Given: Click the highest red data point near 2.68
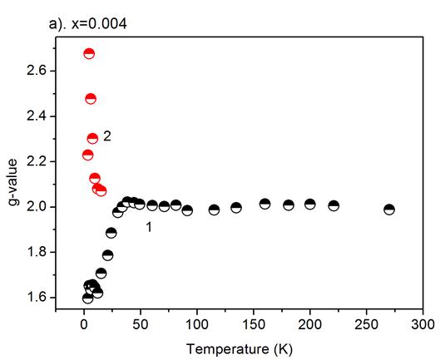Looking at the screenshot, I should coord(89,53).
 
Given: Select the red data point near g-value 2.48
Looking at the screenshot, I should coord(91,98).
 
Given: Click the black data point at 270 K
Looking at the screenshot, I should coord(388,210).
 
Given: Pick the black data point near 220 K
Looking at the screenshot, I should coord(334,205).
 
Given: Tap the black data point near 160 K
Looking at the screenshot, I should coord(264,204).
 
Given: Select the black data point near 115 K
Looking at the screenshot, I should coord(214,210).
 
